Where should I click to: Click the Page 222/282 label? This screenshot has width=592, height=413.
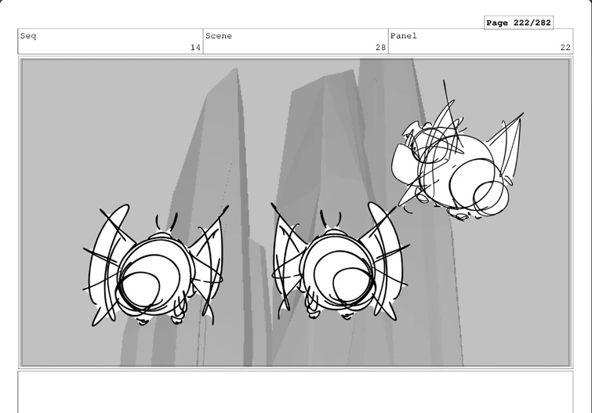click(518, 23)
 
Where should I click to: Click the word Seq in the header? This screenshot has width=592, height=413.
click(28, 36)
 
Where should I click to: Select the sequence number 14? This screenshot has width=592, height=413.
click(195, 48)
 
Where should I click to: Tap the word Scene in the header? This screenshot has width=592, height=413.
click(219, 36)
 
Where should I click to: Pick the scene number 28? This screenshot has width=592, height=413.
click(380, 48)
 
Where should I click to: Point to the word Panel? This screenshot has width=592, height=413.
click(404, 36)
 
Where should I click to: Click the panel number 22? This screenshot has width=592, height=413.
click(565, 48)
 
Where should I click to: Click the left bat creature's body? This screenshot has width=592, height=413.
click(154, 276)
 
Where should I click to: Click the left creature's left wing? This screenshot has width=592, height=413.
click(106, 264)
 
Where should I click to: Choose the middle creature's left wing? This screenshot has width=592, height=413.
click(288, 260)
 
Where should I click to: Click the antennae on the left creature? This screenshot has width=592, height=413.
click(166, 223)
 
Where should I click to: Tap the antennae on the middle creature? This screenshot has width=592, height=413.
click(331, 219)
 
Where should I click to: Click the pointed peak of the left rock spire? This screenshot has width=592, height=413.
click(236, 68)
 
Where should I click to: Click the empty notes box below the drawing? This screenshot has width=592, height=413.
click(296, 392)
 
